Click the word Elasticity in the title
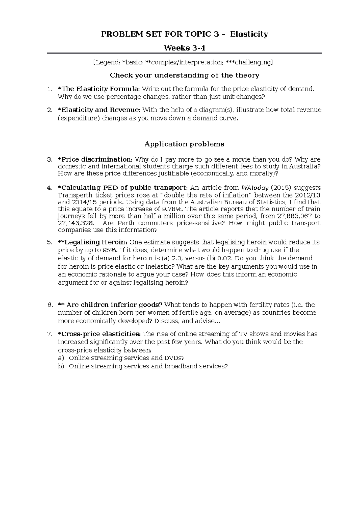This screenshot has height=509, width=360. click(249, 34)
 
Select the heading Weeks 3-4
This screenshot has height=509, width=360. click(184, 48)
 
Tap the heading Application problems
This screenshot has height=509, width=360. click(184, 144)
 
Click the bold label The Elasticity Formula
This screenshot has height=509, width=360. click(99, 89)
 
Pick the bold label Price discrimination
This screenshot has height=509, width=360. click(95, 159)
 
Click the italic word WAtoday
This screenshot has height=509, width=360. click(255, 188)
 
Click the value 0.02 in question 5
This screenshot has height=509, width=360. click(224, 258)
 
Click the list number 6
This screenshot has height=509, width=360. click(49, 305)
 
